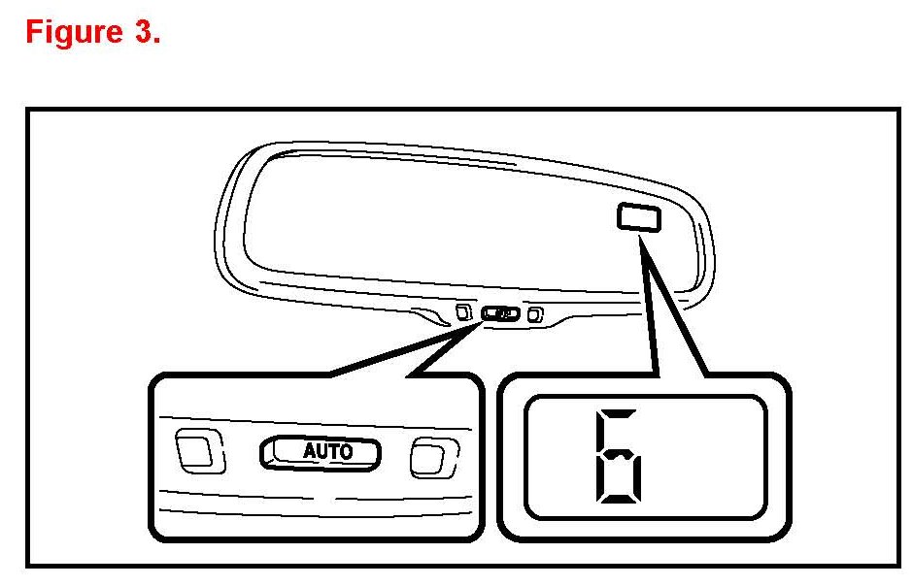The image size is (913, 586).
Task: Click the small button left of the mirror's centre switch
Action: [463, 312]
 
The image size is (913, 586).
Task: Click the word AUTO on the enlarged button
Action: [327, 451]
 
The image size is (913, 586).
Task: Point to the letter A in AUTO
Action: [310, 451]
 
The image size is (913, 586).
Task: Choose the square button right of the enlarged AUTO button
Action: [430, 456]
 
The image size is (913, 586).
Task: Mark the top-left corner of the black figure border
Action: [28, 111]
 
